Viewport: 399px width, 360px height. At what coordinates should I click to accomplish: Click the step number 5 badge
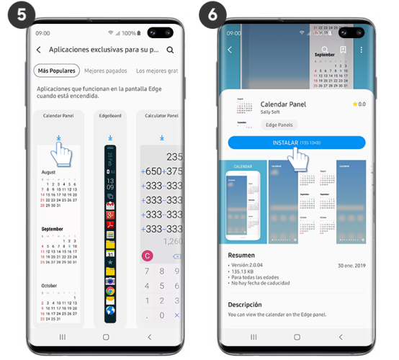point(12,12)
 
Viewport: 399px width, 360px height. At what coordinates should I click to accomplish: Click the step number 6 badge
point(213,12)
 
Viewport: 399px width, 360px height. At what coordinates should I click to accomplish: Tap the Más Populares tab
point(56,71)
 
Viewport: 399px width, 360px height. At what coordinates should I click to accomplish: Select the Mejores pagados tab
point(106,71)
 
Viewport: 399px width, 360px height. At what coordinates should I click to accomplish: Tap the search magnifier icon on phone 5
point(170,50)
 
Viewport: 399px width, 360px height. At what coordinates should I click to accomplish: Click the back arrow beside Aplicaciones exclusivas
point(38,50)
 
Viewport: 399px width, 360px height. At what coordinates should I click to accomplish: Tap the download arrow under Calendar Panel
point(58,137)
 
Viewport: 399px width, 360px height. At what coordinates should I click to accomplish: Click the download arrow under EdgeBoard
point(110,137)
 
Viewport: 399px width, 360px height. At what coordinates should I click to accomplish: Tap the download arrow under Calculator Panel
point(161,137)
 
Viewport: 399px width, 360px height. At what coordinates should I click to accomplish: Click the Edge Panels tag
point(280,125)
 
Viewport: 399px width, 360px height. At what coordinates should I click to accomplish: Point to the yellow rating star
point(355,104)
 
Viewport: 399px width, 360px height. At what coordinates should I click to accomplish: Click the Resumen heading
point(241,255)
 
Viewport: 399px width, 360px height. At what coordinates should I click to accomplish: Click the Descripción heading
point(245,305)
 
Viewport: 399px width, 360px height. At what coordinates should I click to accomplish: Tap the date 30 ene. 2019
point(351,266)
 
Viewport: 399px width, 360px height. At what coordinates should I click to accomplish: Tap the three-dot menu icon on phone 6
point(361,50)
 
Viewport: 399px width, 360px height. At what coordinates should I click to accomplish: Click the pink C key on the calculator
point(148,255)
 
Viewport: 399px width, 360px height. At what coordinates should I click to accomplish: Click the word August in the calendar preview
point(48,173)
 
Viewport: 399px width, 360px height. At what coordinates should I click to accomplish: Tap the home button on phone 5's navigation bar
point(106,336)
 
